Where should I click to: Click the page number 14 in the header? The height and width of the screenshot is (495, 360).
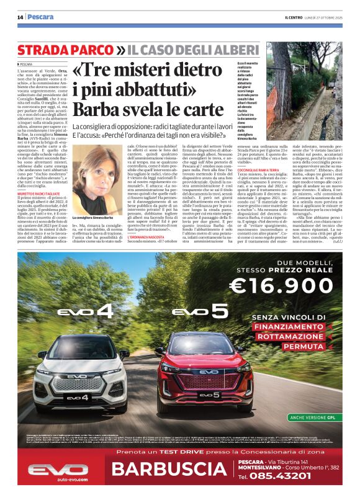(x=20, y=17)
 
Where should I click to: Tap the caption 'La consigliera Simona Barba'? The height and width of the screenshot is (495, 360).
(x=93, y=218)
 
